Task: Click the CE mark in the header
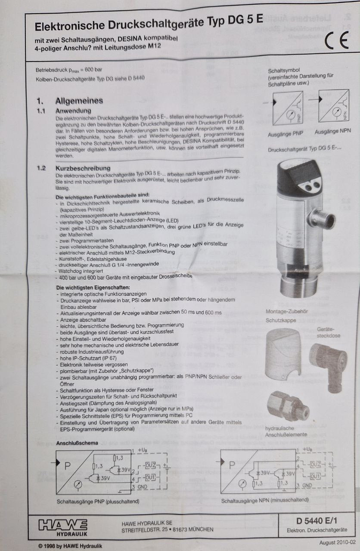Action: pyautogui.click(x=336, y=40)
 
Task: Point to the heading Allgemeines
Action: pyautogui.click(x=79, y=101)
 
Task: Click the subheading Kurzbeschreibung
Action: pyautogui.click(x=83, y=168)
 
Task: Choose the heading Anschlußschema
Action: pyautogui.click(x=77, y=443)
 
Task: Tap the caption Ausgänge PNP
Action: pyautogui.click(x=285, y=134)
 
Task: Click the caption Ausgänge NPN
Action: pyautogui.click(x=332, y=132)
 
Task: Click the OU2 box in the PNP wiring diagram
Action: pyautogui.click(x=150, y=465)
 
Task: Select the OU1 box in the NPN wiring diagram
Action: pyautogui.click(x=315, y=477)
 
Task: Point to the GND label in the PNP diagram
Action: pyautogui.click(x=142, y=487)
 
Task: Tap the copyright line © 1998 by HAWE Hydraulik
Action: pyautogui.click(x=70, y=546)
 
